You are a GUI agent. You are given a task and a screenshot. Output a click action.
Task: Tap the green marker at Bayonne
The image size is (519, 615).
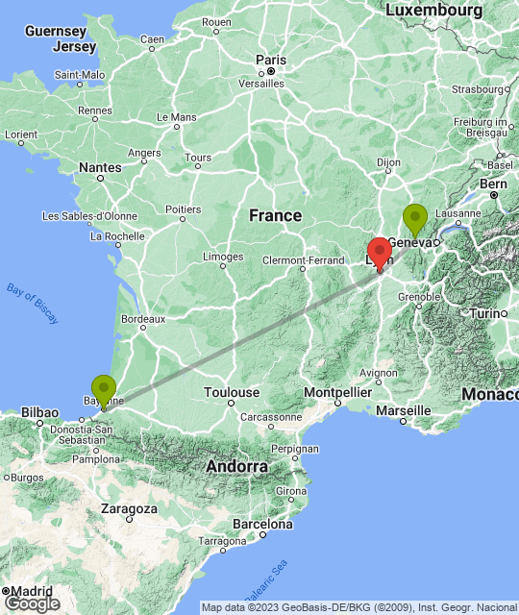[x=103, y=390]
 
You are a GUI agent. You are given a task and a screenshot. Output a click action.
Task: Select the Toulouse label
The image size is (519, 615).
[x=232, y=392]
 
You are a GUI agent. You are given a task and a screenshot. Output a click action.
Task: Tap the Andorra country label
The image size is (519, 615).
[x=236, y=466]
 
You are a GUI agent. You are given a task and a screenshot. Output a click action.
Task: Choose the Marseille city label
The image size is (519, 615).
[x=403, y=410]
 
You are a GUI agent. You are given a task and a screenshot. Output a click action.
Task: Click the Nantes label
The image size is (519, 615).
[x=101, y=167]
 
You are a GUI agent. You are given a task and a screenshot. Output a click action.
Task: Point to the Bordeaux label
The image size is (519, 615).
[x=143, y=318]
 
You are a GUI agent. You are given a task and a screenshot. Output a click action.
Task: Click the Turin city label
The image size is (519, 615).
[x=487, y=314]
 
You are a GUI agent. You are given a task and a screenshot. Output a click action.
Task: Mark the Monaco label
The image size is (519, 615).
[x=490, y=394]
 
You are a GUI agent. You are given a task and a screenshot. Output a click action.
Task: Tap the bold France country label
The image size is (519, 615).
[x=275, y=215]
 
